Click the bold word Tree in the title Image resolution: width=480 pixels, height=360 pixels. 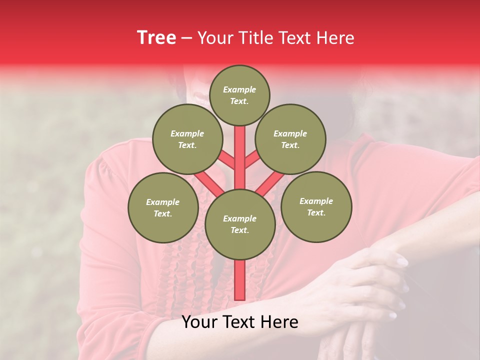156,37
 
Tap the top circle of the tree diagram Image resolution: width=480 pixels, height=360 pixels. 239,95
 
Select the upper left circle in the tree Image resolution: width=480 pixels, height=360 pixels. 187,139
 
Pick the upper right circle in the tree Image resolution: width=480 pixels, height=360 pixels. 290,139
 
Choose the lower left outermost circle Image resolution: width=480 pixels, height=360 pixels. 163,207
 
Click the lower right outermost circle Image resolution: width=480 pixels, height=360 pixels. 316,206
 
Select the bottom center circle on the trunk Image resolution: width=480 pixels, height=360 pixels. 240,224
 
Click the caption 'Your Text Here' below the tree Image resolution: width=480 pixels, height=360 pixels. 240,322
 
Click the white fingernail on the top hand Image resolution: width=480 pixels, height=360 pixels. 402,261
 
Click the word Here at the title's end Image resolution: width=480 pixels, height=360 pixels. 336,38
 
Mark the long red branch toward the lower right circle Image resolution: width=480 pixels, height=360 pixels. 270,183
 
